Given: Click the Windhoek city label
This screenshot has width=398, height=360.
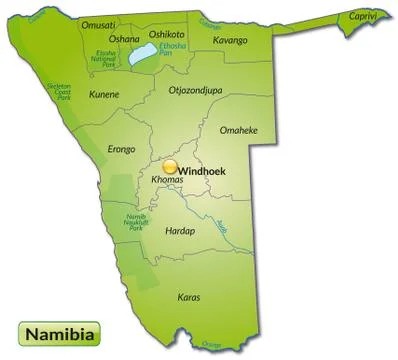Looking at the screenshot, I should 202,171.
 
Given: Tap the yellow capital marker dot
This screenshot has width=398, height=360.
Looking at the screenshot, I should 170,168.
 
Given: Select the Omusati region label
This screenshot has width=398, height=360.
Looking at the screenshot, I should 99,26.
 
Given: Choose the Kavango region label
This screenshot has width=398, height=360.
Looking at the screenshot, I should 229,40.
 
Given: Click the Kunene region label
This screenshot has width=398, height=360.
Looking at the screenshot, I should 104,94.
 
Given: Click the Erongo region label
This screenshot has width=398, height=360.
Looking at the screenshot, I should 121,149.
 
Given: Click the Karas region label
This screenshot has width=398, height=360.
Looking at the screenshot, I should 188,297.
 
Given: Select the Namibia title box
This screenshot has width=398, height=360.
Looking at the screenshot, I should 56,332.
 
